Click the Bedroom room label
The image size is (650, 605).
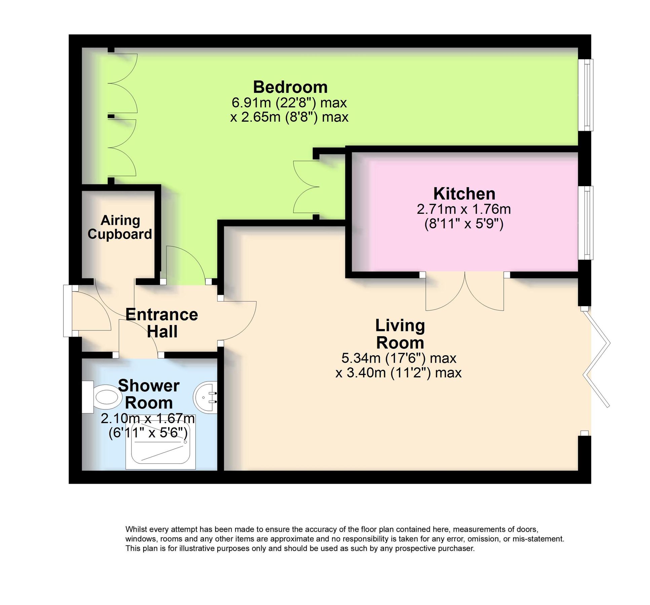click(x=290, y=87)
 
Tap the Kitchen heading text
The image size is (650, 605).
click(x=464, y=194)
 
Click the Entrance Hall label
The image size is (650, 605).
click(x=162, y=323)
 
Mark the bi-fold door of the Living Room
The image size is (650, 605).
click(x=597, y=358)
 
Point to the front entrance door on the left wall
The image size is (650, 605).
click(x=67, y=311)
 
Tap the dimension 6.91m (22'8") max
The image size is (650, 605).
click(x=289, y=103)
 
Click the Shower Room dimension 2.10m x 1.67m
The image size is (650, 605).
click(x=148, y=419)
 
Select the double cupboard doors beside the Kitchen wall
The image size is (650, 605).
click(x=305, y=187)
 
